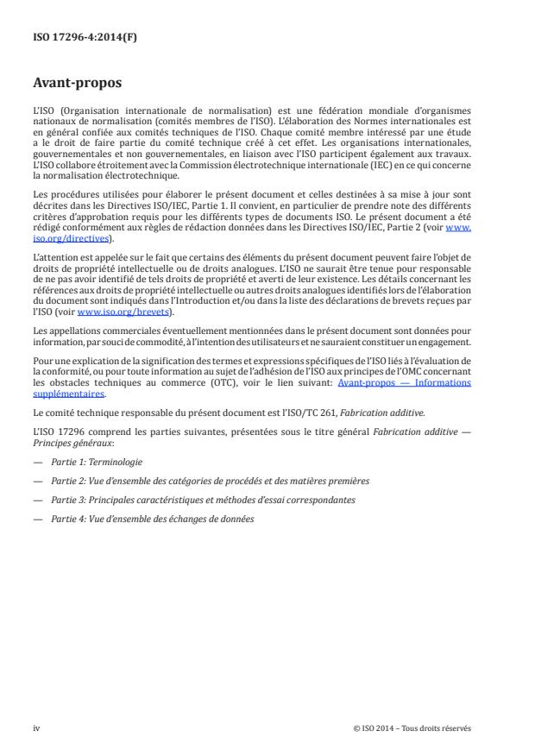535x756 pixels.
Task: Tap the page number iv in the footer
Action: [x=36, y=728]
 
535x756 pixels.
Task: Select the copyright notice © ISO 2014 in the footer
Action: [x=412, y=728]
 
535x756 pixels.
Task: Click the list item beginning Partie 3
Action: [x=191, y=500]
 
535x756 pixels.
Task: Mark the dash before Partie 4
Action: [x=36, y=519]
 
